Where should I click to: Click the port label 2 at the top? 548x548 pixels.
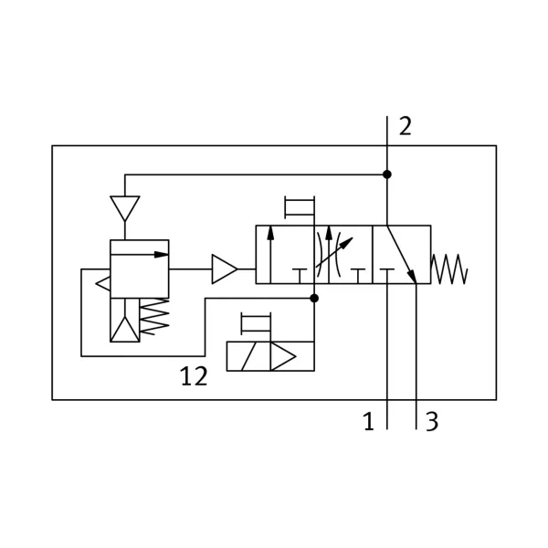coord(406,126)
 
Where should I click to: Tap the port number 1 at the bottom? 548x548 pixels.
coord(369,421)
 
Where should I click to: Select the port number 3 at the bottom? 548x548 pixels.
coord(432,421)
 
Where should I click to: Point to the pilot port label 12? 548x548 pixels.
coord(194,376)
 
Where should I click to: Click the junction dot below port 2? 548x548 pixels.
coord(387,174)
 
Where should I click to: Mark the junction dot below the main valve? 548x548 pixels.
coord(314,298)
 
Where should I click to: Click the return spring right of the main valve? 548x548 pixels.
coord(449,269)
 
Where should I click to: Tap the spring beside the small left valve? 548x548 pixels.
coord(154,316)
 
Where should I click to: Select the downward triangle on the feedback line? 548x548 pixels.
coord(125,208)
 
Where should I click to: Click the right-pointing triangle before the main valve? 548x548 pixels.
coord(225,269)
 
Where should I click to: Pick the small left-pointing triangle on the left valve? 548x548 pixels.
coord(103,283)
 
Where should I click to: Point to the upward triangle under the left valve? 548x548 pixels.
coord(125,329)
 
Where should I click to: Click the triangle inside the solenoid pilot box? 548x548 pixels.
coord(283,356)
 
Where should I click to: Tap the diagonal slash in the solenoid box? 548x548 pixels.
coord(248,356)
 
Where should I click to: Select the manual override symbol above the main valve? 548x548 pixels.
coord(300,207)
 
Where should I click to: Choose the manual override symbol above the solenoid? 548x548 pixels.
coord(256,323)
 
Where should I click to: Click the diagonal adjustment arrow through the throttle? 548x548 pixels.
coord(334,252)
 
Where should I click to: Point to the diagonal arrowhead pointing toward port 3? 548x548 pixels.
coord(413,276)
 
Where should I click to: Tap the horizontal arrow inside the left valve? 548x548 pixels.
coord(140,255)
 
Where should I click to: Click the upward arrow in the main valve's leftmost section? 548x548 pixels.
coord(270,255)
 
